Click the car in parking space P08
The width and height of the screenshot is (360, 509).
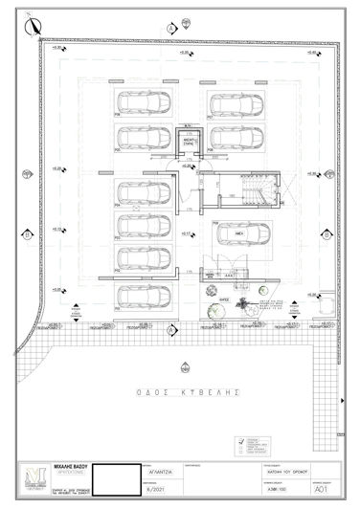pos(141,102)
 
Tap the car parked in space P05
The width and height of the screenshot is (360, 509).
pos(141,137)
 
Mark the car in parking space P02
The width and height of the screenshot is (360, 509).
pos(141,256)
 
